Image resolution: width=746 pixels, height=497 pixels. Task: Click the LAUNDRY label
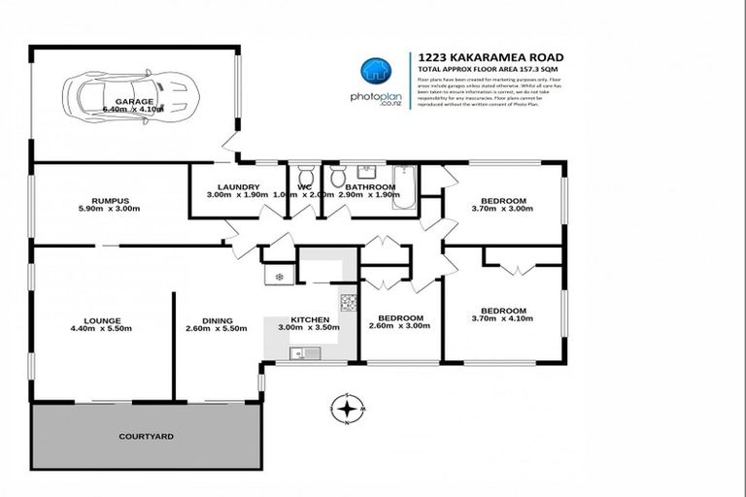[x=237, y=186]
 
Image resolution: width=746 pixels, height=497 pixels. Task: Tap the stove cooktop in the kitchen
[x=347, y=302]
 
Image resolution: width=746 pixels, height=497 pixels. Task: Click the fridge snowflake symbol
[x=281, y=277]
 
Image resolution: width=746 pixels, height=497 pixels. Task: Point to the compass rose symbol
[x=347, y=409]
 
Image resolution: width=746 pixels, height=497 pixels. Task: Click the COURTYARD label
[x=147, y=437]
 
